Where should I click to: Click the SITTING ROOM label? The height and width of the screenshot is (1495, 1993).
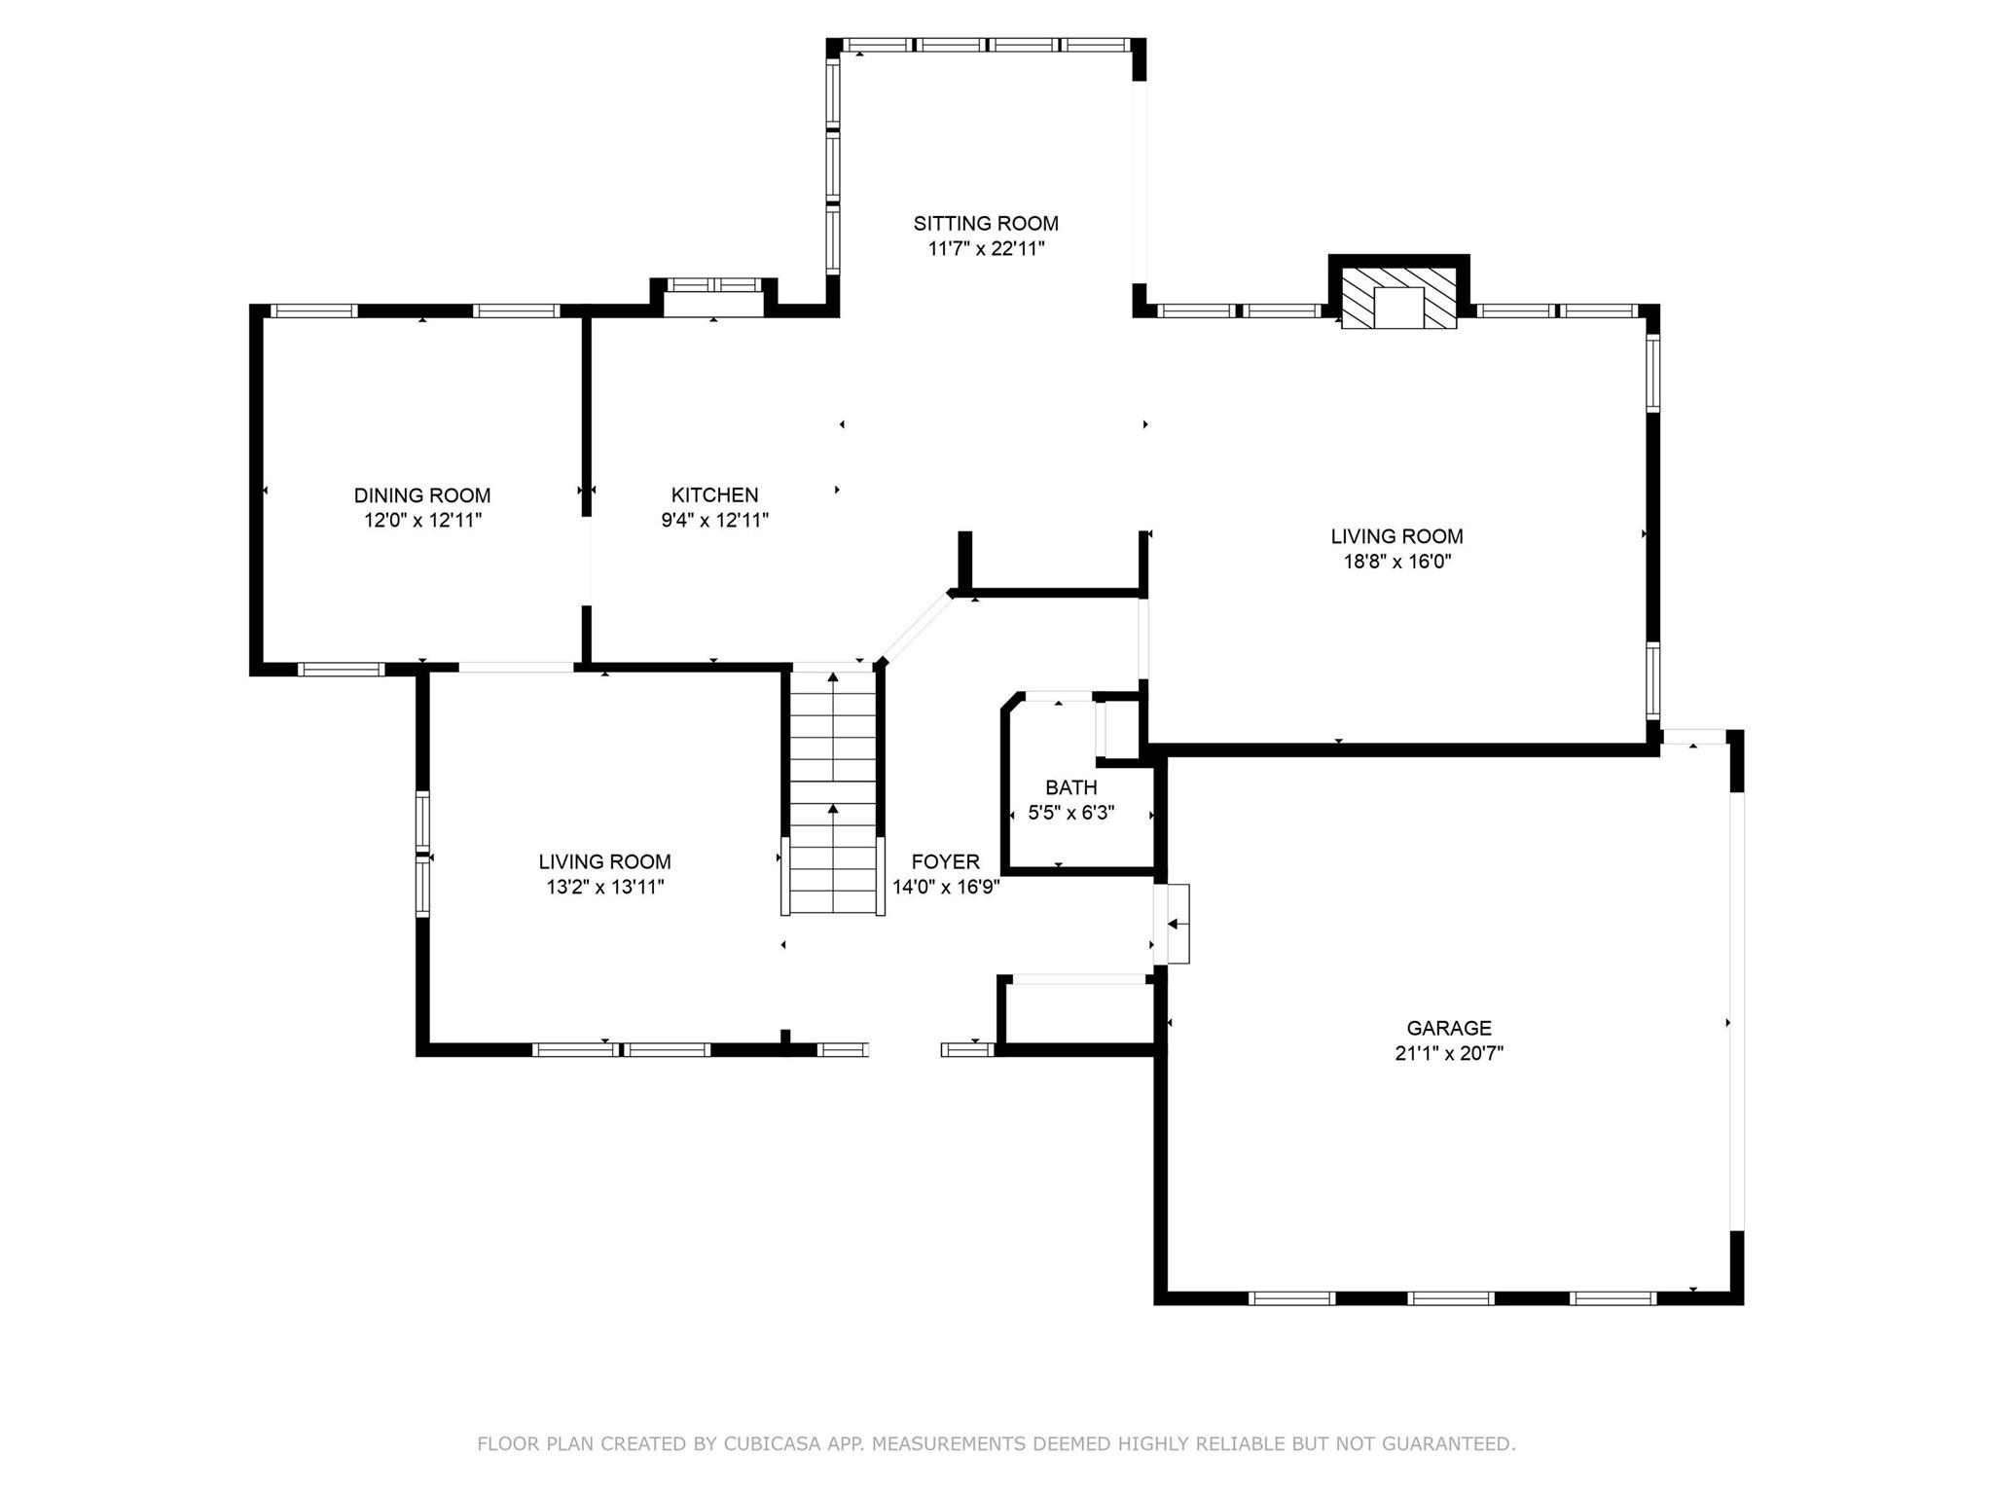[986, 223]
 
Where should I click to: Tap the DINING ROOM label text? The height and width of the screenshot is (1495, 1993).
[422, 495]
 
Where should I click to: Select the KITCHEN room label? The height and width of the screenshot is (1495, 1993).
[714, 495]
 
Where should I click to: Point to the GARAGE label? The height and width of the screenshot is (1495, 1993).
[1449, 1028]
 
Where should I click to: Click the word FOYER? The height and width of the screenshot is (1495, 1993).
[945, 861]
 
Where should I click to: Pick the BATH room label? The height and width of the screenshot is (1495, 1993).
[1071, 787]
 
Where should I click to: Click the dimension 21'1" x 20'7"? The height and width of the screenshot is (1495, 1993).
[1449, 1053]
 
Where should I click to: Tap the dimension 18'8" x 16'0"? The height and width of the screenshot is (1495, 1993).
[1396, 562]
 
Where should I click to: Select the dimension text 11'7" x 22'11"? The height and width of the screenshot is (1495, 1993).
[986, 248]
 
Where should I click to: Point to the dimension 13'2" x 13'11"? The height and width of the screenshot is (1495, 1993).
[605, 887]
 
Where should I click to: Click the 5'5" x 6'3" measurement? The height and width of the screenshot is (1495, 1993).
[1071, 813]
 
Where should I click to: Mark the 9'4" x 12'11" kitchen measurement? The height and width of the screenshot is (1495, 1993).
[714, 521]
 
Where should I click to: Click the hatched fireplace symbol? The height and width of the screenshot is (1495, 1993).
[1399, 295]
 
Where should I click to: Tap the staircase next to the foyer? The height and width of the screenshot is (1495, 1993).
[833, 790]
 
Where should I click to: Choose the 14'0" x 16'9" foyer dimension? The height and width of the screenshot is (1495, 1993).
[946, 887]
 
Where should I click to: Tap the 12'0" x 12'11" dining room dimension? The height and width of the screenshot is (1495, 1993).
[422, 521]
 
